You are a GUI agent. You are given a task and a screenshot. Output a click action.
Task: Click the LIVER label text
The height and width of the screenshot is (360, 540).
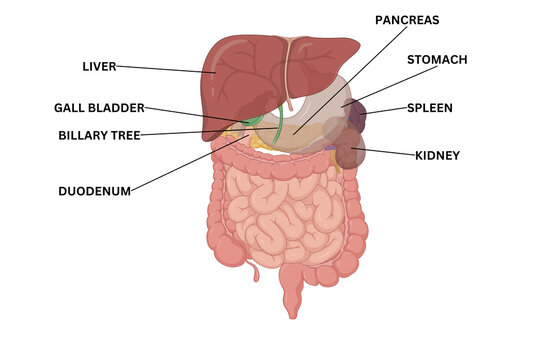[99, 67]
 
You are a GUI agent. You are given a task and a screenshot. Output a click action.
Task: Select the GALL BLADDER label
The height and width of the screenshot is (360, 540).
[99, 107]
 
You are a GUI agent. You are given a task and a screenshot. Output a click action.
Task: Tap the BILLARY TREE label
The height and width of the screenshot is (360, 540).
[99, 134]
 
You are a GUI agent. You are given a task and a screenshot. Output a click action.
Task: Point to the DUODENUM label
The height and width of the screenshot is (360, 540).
[94, 190]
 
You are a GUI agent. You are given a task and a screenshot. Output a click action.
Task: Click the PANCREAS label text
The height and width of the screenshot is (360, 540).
[407, 19]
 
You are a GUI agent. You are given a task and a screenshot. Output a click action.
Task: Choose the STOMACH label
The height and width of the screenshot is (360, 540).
[437, 59]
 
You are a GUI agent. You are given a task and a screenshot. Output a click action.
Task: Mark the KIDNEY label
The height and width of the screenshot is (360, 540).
[437, 155]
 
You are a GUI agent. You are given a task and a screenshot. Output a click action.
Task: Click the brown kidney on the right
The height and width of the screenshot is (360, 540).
[348, 154]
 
